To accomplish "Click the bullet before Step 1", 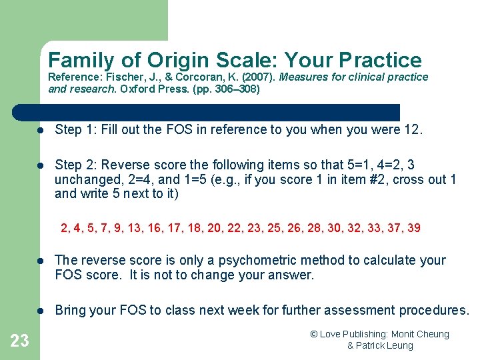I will point(41,130).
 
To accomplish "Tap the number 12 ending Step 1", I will point(412,130).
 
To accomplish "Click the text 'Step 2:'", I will point(75,165).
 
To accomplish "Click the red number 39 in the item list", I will point(413,228).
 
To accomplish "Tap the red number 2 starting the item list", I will point(64,228).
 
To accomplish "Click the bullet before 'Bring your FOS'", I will point(41,310).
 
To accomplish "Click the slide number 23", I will point(20,341).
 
